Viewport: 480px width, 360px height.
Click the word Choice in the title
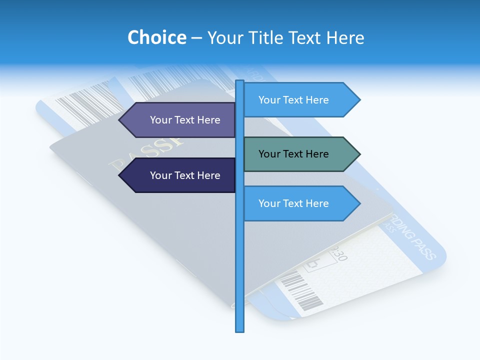tap(156, 38)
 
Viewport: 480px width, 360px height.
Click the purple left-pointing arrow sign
tap(180, 120)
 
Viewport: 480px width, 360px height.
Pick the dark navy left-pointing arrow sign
tap(180, 175)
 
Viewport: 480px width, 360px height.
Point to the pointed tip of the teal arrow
tap(359, 154)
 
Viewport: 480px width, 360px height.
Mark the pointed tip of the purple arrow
tap(120, 120)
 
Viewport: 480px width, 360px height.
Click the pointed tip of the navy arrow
tap(120, 175)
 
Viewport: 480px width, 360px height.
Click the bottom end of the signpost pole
tap(239, 330)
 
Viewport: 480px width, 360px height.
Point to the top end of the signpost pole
tap(239, 81)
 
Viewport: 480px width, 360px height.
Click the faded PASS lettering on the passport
tap(145, 152)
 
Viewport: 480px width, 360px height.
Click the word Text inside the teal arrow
tap(293, 154)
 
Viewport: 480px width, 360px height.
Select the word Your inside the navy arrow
tap(160, 175)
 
